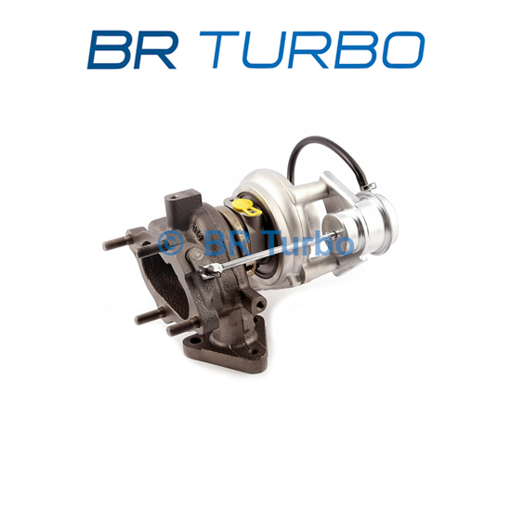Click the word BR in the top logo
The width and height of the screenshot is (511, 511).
[x=132, y=50]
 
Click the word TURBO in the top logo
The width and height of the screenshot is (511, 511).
[x=312, y=50]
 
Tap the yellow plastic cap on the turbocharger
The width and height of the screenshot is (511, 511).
[x=247, y=206]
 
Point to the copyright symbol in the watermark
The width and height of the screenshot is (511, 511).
[x=170, y=243]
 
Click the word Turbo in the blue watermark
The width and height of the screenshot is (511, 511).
[x=310, y=242]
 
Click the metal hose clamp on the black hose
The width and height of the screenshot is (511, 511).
[x=370, y=187]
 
